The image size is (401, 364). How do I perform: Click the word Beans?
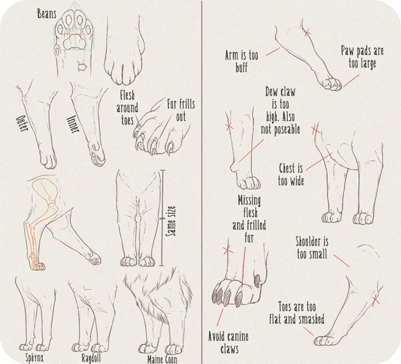[x=46, y=14]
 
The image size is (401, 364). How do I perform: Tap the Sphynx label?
[x=35, y=357]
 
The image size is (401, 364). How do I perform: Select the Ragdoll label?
[x=91, y=358]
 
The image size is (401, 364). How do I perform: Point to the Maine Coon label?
[x=162, y=359]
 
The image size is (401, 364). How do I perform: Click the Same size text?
[x=171, y=221]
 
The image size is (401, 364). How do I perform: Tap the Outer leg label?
[x=22, y=124]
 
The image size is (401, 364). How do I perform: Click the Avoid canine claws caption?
[x=228, y=343]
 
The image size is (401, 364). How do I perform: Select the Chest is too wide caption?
[x=291, y=175]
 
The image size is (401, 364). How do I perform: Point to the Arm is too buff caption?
[x=241, y=61]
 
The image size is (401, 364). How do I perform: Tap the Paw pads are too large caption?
[x=363, y=57]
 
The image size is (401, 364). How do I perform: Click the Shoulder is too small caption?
[x=312, y=248]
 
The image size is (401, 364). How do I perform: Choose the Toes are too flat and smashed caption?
[x=297, y=313]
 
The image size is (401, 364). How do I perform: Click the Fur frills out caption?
[x=181, y=110]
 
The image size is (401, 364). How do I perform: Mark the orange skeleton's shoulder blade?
[x=46, y=189]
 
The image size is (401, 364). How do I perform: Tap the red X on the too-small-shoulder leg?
[x=375, y=301]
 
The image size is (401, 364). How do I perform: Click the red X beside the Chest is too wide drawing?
[x=316, y=130]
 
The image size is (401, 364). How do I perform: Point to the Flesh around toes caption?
[x=127, y=108]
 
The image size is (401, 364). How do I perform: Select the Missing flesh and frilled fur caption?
[x=249, y=219]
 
